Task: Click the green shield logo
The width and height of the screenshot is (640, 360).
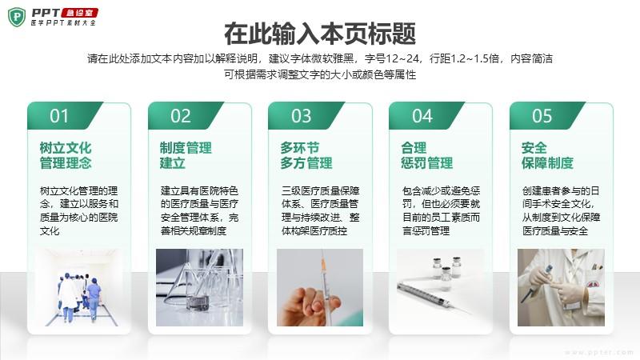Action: pos(17,17)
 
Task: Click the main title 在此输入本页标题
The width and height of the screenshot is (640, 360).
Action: pos(320,34)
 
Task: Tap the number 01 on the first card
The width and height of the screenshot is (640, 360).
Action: pos(59,116)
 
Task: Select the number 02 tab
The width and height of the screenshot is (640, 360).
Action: pos(181,116)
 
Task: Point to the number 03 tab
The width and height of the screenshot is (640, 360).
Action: pos(302,116)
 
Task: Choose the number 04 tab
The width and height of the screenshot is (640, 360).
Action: pos(422,116)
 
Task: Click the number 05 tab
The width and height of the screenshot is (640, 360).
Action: pos(542,116)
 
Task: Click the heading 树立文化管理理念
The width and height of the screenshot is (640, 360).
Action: pos(66,155)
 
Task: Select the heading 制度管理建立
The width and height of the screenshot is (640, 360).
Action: pos(186,155)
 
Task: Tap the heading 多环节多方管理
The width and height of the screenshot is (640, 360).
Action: pos(306,155)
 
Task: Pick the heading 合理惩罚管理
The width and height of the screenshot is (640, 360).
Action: pos(427,155)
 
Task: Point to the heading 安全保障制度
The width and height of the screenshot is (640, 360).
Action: pos(547,155)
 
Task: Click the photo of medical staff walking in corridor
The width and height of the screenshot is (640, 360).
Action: pos(78,287)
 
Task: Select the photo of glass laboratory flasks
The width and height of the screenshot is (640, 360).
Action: pos(199,287)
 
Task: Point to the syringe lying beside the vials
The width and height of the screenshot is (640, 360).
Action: pos(432,296)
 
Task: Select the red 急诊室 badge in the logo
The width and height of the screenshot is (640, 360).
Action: pos(80,13)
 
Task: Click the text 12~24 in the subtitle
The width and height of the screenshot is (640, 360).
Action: pos(402,58)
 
